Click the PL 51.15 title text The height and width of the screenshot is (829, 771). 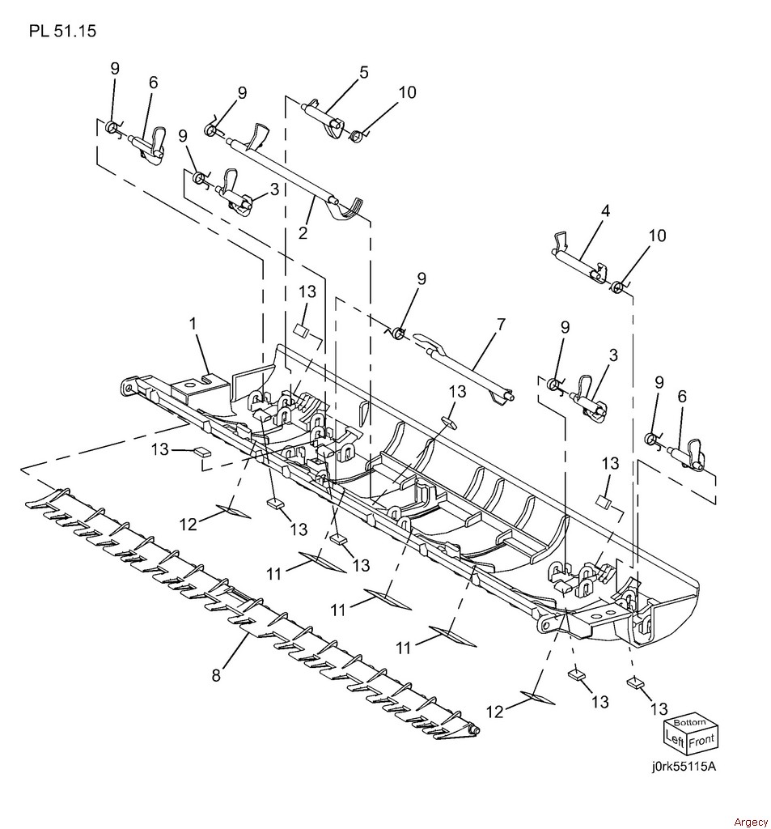63,32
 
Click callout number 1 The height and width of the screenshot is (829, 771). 193,323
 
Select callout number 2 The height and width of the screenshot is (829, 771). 303,232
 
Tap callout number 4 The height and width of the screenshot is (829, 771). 606,210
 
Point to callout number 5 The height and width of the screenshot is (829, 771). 363,71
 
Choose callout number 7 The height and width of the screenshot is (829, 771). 501,323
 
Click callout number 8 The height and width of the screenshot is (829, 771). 216,675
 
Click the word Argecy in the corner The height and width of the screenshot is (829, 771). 751,822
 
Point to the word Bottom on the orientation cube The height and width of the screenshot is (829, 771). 689,723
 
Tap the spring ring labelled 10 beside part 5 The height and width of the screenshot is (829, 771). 358,136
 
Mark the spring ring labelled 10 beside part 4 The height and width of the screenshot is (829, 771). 616,287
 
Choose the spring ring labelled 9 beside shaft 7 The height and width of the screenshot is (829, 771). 399,334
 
